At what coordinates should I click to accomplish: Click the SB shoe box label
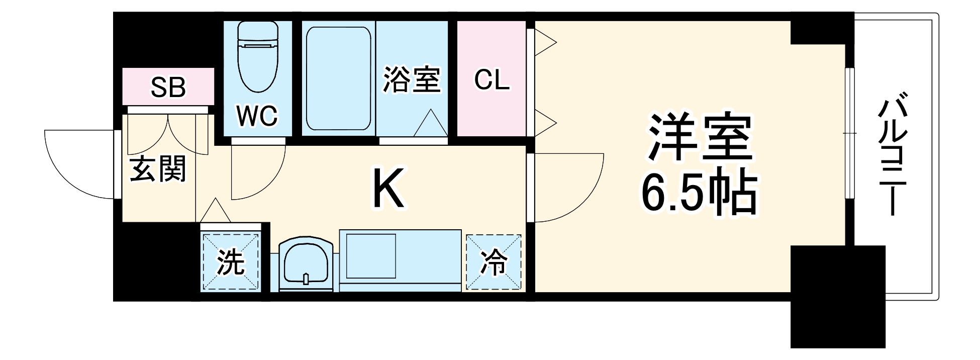click(168, 87)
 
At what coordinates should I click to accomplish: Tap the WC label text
click(257, 116)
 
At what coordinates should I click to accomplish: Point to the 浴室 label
click(412, 80)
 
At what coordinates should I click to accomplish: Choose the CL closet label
click(491, 80)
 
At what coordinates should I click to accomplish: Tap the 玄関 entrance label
click(158, 169)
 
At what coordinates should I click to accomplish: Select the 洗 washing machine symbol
click(231, 261)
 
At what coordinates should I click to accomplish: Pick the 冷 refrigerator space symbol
click(494, 262)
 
